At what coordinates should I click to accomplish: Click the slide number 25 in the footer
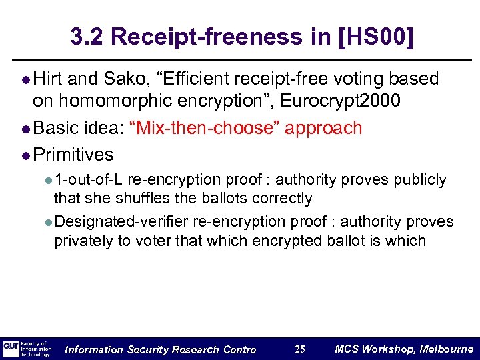coord(299,349)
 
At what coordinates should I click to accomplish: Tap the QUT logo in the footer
coord(11,349)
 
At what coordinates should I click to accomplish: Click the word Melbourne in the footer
coord(447,349)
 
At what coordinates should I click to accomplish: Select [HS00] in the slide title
coord(375,37)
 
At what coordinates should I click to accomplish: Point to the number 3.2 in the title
coord(87,37)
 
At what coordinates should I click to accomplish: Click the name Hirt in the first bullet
coord(47,79)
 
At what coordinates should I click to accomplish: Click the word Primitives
coord(73,155)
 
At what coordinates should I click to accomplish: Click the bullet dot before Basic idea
coord(25,129)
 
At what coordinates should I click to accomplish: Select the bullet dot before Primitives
coord(25,155)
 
